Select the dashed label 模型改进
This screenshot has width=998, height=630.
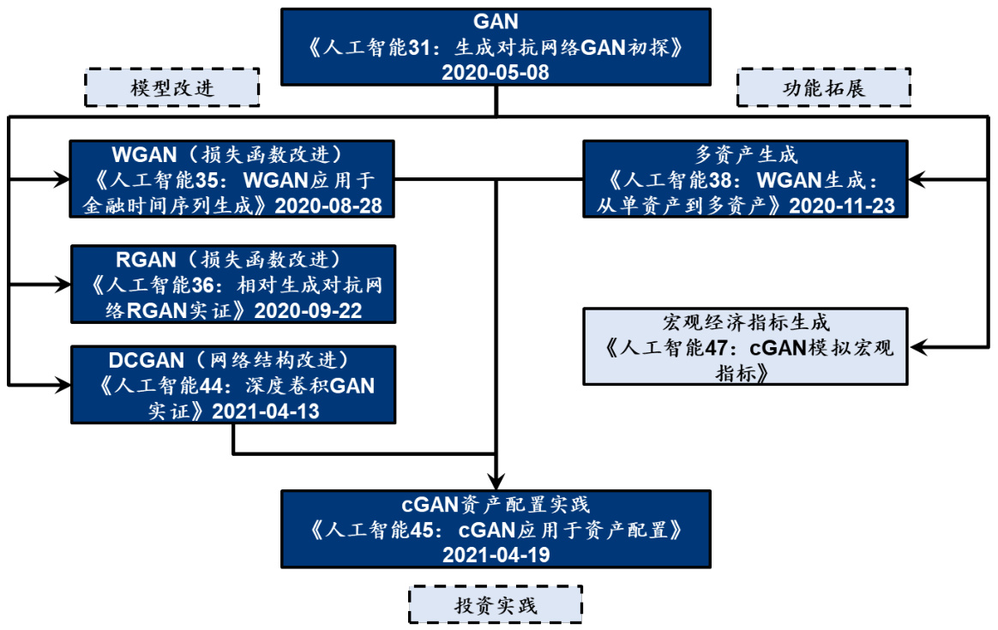[171, 88]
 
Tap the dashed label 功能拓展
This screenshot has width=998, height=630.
[824, 88]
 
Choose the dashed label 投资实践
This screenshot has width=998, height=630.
[496, 605]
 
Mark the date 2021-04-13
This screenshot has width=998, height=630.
[265, 411]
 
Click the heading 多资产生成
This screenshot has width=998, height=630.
[746, 155]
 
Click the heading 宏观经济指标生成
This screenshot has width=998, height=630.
[746, 323]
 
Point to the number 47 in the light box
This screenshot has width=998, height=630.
[721, 348]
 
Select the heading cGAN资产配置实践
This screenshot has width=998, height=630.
[496, 503]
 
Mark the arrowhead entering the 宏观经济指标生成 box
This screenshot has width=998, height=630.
[917, 346]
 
